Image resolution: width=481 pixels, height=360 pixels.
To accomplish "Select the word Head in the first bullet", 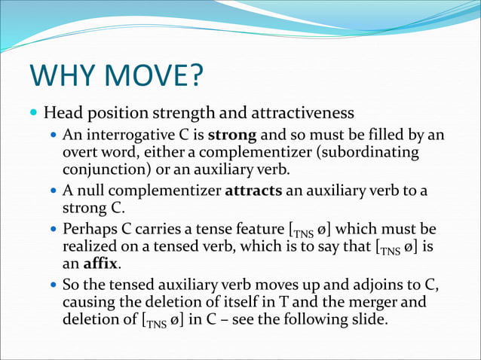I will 62,114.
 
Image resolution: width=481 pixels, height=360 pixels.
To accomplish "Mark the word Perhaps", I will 87,228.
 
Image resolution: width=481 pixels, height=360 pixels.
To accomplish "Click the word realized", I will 89,246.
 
